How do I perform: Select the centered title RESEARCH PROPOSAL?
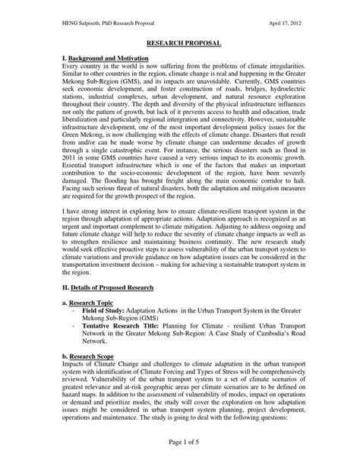179,46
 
